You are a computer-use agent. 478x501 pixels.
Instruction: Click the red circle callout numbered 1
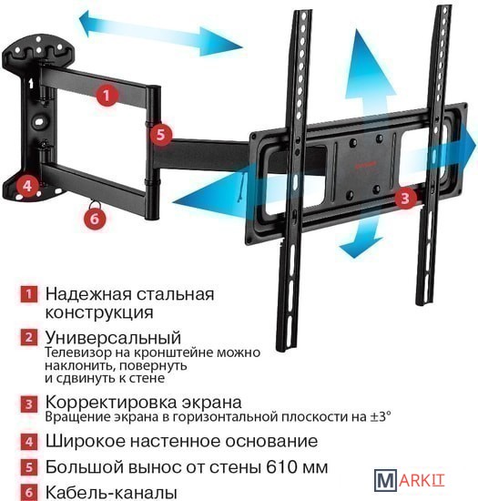107,95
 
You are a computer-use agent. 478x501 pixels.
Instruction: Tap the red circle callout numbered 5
160,134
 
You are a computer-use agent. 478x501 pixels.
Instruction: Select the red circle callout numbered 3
405,198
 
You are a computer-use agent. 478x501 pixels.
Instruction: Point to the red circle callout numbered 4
28,186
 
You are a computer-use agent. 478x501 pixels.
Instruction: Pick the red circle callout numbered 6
95,219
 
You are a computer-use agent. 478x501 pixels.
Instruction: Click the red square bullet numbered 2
29,337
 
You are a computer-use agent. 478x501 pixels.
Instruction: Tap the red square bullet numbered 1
29,294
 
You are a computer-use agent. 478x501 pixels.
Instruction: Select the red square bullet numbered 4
29,442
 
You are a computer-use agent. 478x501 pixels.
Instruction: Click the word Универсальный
113,337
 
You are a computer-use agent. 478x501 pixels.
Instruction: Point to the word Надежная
88,294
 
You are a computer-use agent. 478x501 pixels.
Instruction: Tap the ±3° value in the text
381,416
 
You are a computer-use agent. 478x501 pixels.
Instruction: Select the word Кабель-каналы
111,493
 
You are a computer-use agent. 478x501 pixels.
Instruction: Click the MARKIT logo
410,480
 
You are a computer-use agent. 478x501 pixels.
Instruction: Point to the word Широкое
86,441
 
